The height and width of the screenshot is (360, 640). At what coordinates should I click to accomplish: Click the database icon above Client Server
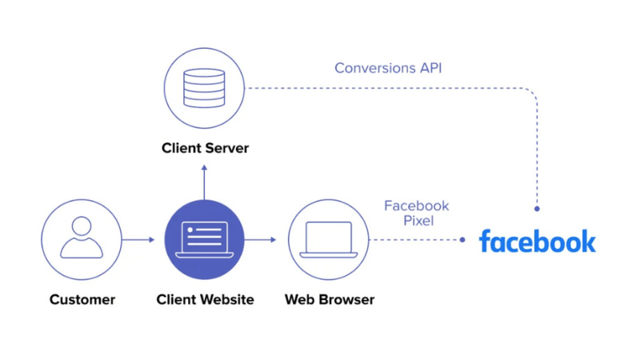[x=204, y=87]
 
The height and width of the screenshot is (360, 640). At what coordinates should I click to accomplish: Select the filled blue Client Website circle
[x=204, y=239]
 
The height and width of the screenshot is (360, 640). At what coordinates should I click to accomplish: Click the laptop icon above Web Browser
[x=328, y=239]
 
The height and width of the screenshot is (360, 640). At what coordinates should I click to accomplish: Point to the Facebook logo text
[x=537, y=241]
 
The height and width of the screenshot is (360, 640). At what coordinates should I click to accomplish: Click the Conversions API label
[x=388, y=68]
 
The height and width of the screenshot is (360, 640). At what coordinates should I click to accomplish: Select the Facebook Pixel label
[x=416, y=213]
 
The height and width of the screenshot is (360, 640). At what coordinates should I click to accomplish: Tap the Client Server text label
[x=205, y=148]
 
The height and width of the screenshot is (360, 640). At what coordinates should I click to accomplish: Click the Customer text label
[x=82, y=300]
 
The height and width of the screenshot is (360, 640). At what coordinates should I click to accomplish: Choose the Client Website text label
[x=205, y=300]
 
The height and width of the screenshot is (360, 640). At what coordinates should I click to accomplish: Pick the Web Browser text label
[x=329, y=300]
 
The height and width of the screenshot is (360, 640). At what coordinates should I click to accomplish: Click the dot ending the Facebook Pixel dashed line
[x=463, y=239]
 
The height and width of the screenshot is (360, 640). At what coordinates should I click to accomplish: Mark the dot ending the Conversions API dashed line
[x=537, y=208]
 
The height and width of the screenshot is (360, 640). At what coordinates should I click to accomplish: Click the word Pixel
[x=417, y=220]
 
